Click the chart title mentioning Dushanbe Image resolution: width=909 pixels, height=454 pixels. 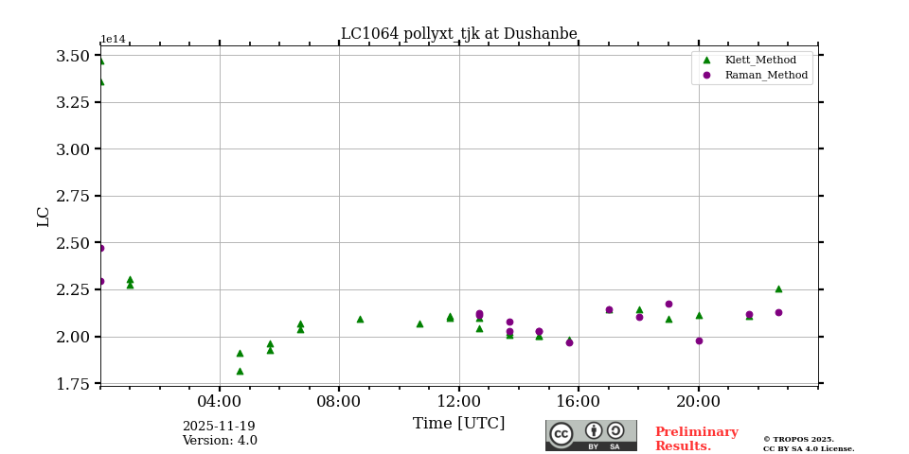[x=458, y=34]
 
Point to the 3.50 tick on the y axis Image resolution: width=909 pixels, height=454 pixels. [x=73, y=56]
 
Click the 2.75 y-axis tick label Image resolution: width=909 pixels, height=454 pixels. [x=73, y=196]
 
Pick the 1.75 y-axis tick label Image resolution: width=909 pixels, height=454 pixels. [x=73, y=384]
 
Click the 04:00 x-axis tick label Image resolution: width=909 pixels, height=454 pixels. [x=220, y=401]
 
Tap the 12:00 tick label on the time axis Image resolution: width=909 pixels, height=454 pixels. [x=459, y=401]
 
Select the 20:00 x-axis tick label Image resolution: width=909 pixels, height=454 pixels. [x=699, y=401]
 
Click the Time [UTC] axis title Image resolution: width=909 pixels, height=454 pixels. [x=458, y=424]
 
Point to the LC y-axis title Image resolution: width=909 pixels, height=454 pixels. [x=44, y=217]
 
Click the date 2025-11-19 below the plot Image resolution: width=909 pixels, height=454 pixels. [x=219, y=427]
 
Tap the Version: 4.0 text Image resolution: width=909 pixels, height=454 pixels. [x=220, y=441]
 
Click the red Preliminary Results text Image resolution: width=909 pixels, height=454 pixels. [x=696, y=439]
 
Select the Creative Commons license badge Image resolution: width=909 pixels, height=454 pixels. [x=591, y=435]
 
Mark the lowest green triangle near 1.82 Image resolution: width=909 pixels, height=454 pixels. [x=240, y=371]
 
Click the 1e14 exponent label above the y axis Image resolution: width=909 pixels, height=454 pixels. [x=113, y=40]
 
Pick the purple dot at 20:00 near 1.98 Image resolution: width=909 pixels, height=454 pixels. [x=699, y=340]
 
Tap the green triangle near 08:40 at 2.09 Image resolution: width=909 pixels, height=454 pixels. [x=360, y=319]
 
